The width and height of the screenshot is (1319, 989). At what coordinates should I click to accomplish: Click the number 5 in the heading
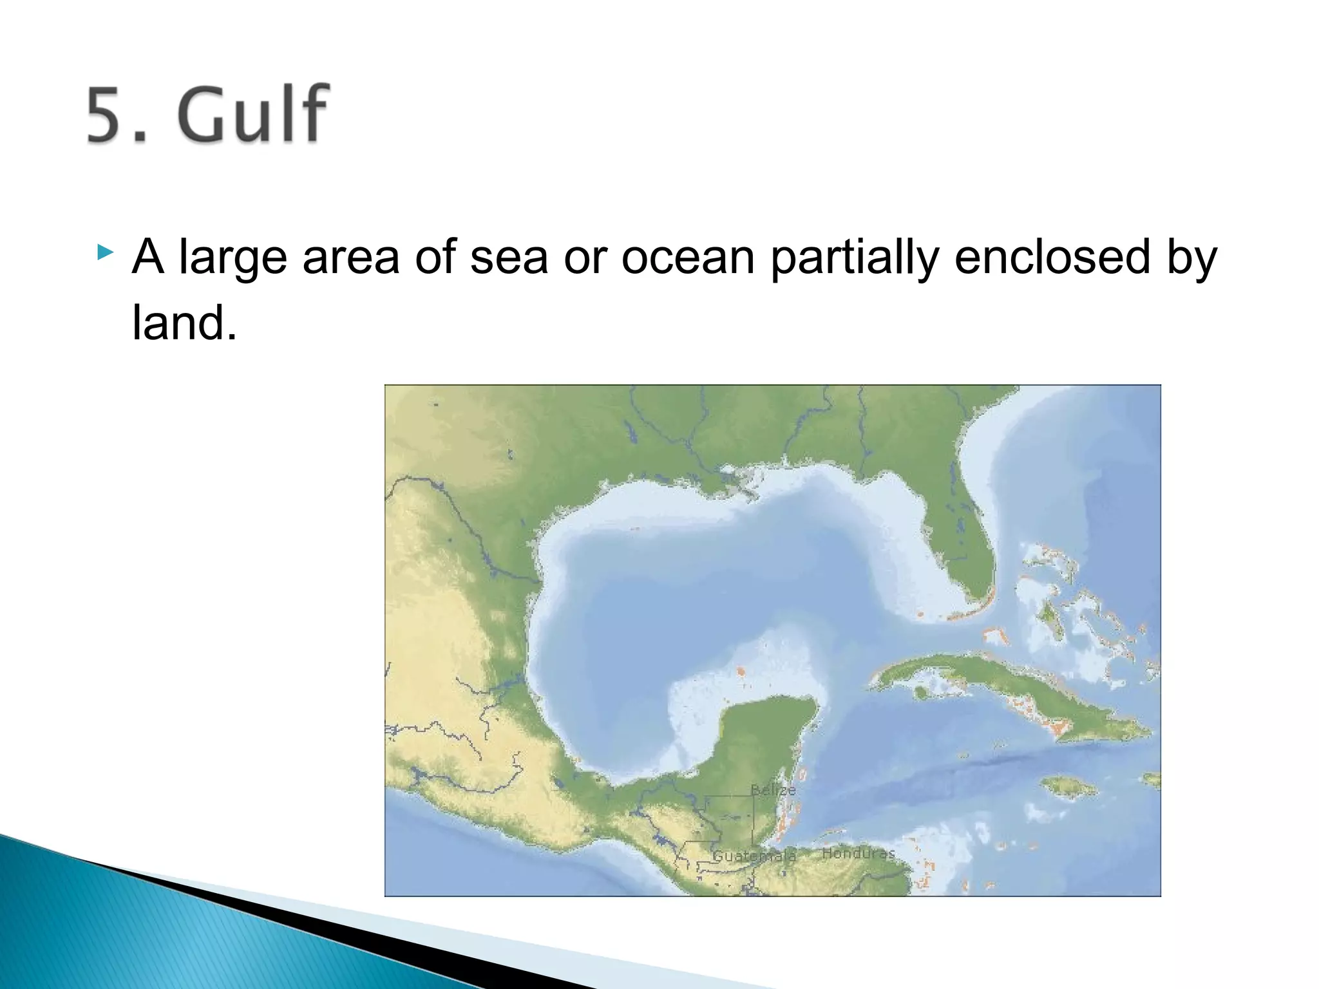(108, 115)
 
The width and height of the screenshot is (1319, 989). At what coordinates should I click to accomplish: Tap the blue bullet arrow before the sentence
(105, 252)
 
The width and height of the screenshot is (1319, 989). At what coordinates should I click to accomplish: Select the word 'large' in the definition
(232, 258)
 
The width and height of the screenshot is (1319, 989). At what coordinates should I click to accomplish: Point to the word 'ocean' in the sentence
(687, 258)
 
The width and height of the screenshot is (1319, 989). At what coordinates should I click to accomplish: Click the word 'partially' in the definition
(854, 258)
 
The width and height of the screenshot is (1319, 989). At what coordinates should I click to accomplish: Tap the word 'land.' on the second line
(185, 323)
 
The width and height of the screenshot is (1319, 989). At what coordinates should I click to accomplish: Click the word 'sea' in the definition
(509, 258)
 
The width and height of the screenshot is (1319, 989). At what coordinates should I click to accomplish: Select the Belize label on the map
(772, 789)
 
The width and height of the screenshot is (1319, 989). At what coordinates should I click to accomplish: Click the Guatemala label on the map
(754, 856)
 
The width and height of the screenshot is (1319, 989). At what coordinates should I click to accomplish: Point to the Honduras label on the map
(858, 853)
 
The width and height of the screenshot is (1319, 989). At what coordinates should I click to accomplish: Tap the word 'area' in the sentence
(350, 258)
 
